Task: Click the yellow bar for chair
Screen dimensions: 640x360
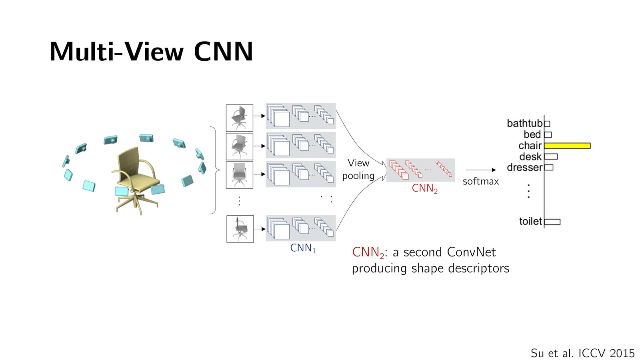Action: coord(568,146)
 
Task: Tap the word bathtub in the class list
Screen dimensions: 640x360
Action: coord(524,124)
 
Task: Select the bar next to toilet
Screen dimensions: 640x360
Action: coord(552,222)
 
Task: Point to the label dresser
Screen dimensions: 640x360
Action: coord(524,168)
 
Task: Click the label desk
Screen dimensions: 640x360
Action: coord(530,156)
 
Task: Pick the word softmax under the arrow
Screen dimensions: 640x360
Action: coord(481,182)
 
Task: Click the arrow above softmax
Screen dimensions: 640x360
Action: coord(481,170)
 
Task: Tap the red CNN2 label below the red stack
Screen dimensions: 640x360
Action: coord(424,188)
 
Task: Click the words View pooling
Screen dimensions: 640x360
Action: coord(358,170)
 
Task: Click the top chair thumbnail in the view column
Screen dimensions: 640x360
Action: coord(240,118)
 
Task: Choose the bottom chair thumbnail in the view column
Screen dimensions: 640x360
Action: coord(240,229)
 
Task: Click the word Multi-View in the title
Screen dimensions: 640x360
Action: coord(117,52)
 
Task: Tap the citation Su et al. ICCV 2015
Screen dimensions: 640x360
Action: coord(582,353)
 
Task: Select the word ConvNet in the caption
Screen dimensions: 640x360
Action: coord(472,252)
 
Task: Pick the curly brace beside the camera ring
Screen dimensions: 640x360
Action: coord(216,170)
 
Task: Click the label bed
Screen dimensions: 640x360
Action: coord(532,134)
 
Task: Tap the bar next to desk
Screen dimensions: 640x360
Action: coord(551,156)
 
